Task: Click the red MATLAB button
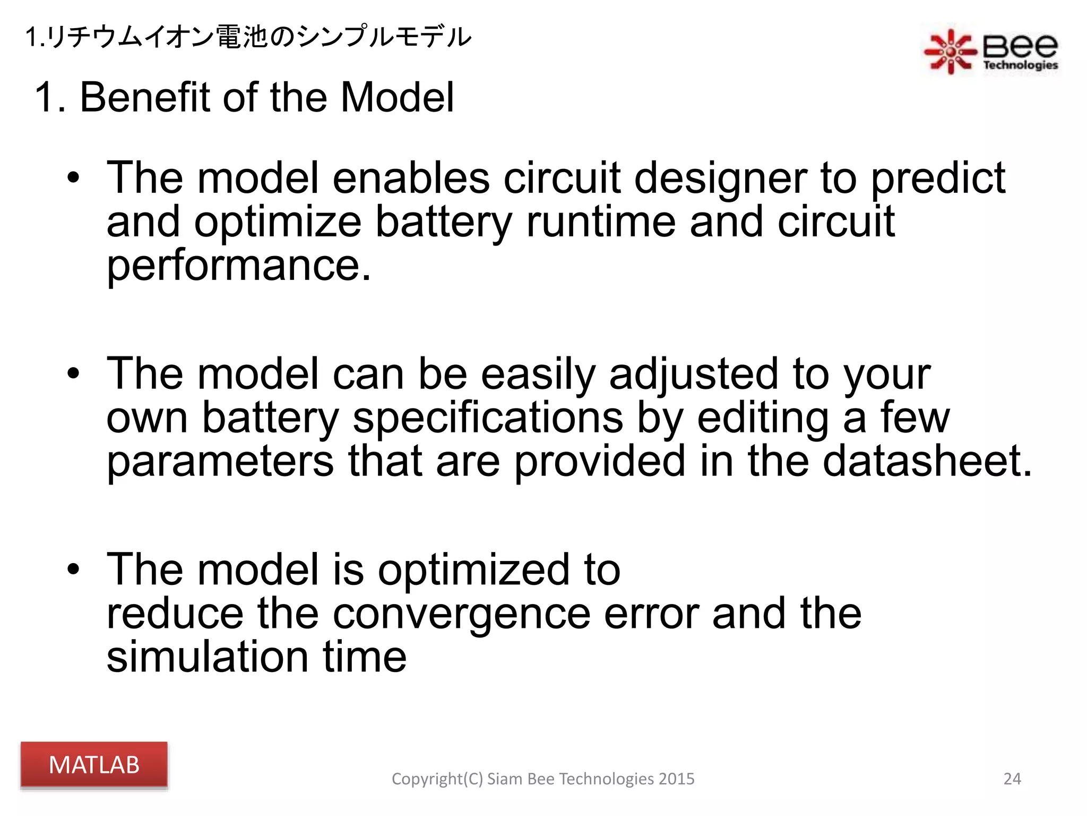point(94,764)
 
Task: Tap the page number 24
point(1012,779)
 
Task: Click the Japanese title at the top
point(248,37)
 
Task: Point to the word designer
point(720,179)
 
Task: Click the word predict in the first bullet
point(938,179)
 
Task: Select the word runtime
point(600,222)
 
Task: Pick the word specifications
point(487,418)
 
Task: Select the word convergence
point(461,614)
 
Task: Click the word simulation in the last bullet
point(208,657)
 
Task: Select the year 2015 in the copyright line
point(676,779)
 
